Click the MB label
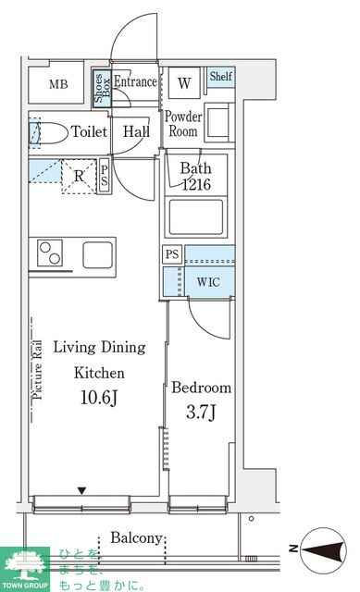58,84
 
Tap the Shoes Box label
102,88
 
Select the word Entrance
135,81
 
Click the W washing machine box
184,83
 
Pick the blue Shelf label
221,76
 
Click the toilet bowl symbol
51,133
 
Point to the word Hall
136,131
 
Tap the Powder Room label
183,124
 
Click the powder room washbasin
218,122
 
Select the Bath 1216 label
196,176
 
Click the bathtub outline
196,217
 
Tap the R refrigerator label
79,176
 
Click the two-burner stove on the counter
50,253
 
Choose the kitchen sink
98,255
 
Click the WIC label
208,281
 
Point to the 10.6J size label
99,398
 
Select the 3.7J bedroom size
201,412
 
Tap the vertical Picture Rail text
37,370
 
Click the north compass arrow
324,549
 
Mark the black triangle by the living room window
82,491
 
